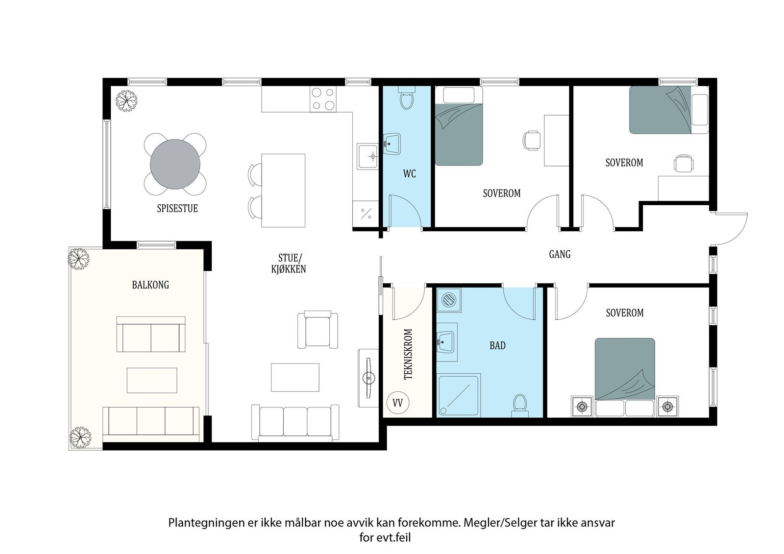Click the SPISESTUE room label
pyautogui.click(x=177, y=209)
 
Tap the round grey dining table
pyautogui.click(x=175, y=164)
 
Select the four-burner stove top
pyautogui.click(x=323, y=99)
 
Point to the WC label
pyautogui.click(x=410, y=173)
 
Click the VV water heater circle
pyautogui.click(x=398, y=403)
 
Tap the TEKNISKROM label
pyautogui.click(x=409, y=354)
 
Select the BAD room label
pyautogui.click(x=497, y=346)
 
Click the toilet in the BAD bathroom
pyautogui.click(x=520, y=406)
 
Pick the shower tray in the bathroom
pyautogui.click(x=459, y=395)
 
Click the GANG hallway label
pyautogui.click(x=560, y=254)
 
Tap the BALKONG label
pyautogui.click(x=150, y=285)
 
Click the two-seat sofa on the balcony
pyautogui.click(x=151, y=334)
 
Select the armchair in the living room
pyautogui.click(x=318, y=330)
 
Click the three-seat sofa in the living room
pyautogui.click(x=295, y=422)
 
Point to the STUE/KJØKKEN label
pyautogui.click(x=289, y=264)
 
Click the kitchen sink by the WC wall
pyautogui.click(x=368, y=156)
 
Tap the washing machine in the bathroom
pyautogui.click(x=449, y=300)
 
